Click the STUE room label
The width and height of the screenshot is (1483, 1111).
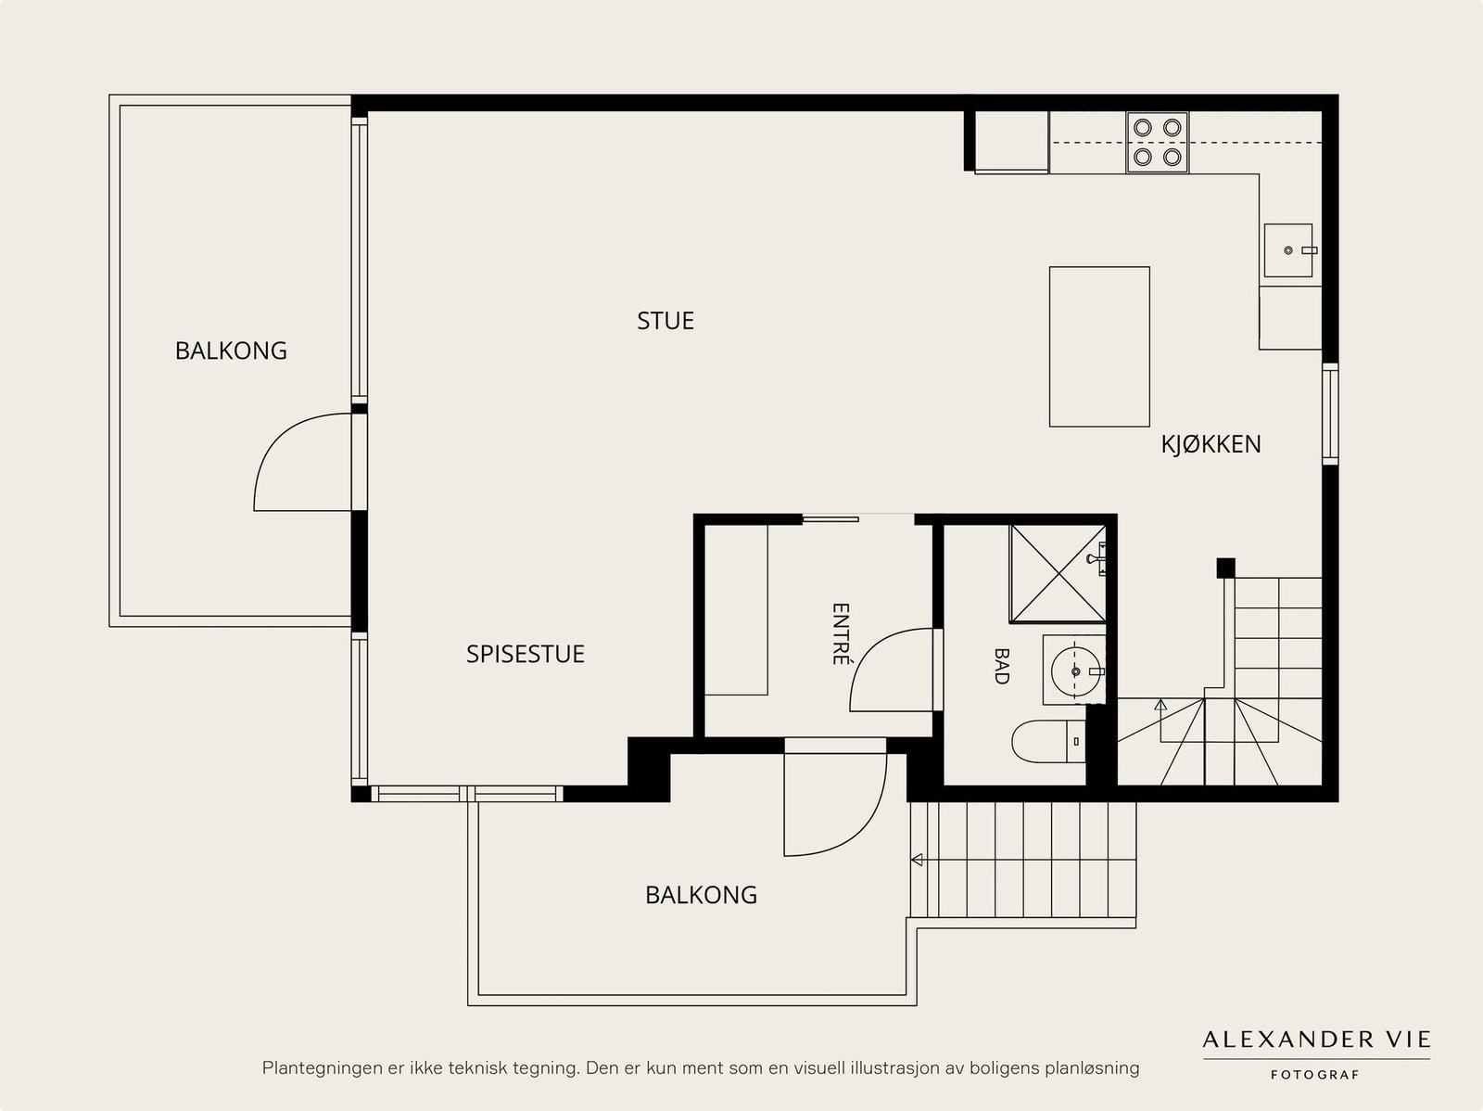tap(665, 320)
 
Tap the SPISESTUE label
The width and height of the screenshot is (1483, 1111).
tap(525, 654)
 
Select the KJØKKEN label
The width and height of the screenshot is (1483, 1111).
tap(1210, 444)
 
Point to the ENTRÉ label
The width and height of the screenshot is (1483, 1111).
tap(841, 634)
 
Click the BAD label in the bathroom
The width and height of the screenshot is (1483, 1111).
tap(1001, 667)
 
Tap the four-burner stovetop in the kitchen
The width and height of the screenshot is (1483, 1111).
tap(1158, 143)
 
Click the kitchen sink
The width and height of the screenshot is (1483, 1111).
tap(1288, 250)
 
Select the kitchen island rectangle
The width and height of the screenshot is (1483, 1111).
tap(1099, 347)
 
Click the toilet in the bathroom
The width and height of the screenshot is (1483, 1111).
tap(1049, 741)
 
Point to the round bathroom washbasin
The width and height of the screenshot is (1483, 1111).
tap(1074, 671)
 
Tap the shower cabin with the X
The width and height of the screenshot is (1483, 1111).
tap(1058, 573)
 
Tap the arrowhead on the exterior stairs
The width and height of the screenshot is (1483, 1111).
tap(917, 861)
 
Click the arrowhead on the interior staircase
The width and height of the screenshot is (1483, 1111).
tap(1160, 705)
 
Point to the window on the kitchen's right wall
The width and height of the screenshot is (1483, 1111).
tap(1330, 414)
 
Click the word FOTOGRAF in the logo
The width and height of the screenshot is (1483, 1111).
tap(1314, 1075)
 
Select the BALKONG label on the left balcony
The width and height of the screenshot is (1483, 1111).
tap(231, 351)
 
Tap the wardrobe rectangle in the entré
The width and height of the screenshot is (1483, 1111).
tap(736, 609)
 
